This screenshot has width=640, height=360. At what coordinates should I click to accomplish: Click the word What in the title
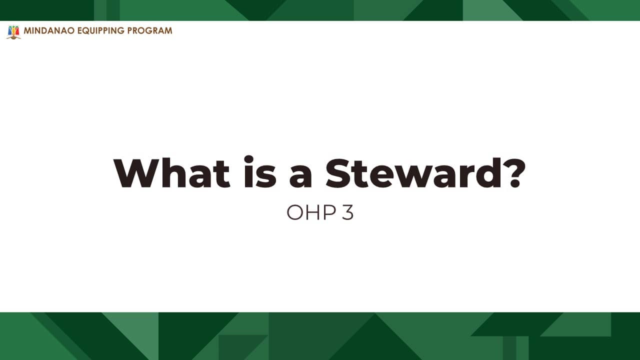(x=171, y=173)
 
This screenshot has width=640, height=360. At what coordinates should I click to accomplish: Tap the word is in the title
(x=260, y=171)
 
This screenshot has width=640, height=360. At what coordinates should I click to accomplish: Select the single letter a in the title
(x=300, y=176)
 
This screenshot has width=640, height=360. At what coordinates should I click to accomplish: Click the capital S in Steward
(x=339, y=173)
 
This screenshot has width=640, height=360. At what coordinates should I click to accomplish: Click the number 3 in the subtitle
(x=347, y=213)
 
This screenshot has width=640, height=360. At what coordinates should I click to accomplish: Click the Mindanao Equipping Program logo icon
(x=13, y=32)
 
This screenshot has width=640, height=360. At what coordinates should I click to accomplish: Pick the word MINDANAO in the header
(x=49, y=30)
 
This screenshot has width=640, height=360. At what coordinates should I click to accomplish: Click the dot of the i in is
(x=249, y=159)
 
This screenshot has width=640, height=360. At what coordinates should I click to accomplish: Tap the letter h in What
(x=174, y=172)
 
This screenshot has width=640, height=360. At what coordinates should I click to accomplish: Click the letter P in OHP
(x=330, y=213)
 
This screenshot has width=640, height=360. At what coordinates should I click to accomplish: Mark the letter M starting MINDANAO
(x=27, y=30)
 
